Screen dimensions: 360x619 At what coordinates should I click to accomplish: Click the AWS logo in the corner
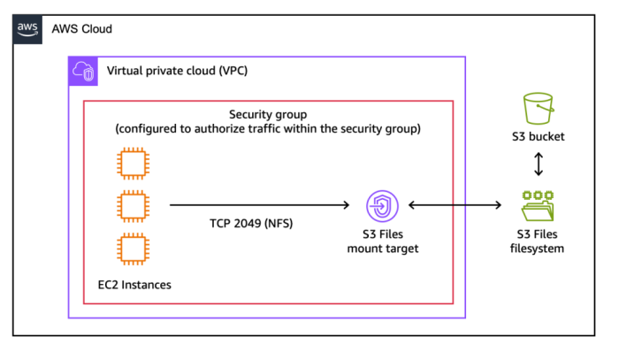(27, 28)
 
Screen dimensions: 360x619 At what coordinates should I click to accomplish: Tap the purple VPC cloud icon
(84, 73)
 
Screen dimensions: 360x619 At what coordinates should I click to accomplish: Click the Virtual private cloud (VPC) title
(176, 71)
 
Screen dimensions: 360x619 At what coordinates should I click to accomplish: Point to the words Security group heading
(268, 115)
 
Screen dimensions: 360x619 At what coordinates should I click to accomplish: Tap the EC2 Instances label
(134, 284)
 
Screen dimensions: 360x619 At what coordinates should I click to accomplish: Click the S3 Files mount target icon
(382, 207)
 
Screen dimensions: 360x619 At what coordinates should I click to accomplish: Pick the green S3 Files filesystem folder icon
(539, 206)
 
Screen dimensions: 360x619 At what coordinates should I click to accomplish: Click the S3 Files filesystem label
(539, 241)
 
